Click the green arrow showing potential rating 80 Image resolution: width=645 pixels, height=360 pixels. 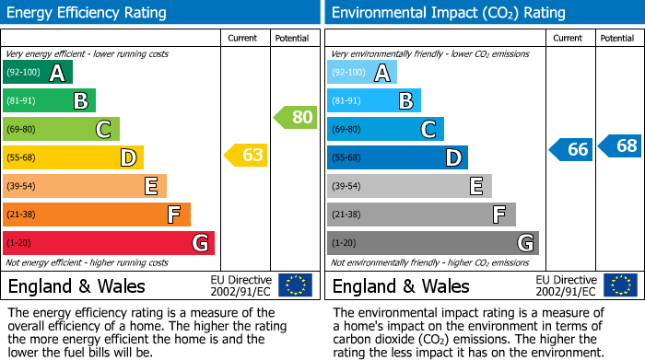pyautogui.click(x=296, y=117)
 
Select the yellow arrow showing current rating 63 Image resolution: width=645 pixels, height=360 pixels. pyautogui.click(x=247, y=155)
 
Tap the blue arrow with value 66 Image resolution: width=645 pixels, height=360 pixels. pyautogui.click(x=571, y=149)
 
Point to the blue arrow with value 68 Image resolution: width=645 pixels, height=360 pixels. pyautogui.click(x=620, y=145)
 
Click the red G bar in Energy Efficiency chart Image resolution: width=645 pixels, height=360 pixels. pyautogui.click(x=108, y=243)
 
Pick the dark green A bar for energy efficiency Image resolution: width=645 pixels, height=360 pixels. pyautogui.click(x=37, y=73)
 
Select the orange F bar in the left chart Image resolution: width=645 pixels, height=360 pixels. pyautogui.click(x=96, y=215)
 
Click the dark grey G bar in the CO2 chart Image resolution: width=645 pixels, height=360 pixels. pyautogui.click(x=432, y=243)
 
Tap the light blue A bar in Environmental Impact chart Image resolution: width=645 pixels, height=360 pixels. pyautogui.click(x=361, y=73)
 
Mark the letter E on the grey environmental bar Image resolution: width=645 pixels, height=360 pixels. pyautogui.click(x=476, y=187)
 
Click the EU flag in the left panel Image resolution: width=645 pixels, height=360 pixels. pyautogui.click(x=295, y=285)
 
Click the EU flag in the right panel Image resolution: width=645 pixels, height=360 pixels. pyautogui.click(x=619, y=285)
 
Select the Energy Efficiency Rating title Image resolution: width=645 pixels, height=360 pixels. pyautogui.click(x=88, y=13)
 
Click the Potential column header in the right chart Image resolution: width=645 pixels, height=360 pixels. pyautogui.click(x=616, y=38)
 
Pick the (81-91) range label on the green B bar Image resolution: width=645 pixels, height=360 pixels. pyautogui.click(x=21, y=101)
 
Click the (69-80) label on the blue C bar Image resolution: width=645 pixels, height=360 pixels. pyautogui.click(x=346, y=130)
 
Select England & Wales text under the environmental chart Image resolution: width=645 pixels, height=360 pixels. pyautogui.click(x=401, y=285)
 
